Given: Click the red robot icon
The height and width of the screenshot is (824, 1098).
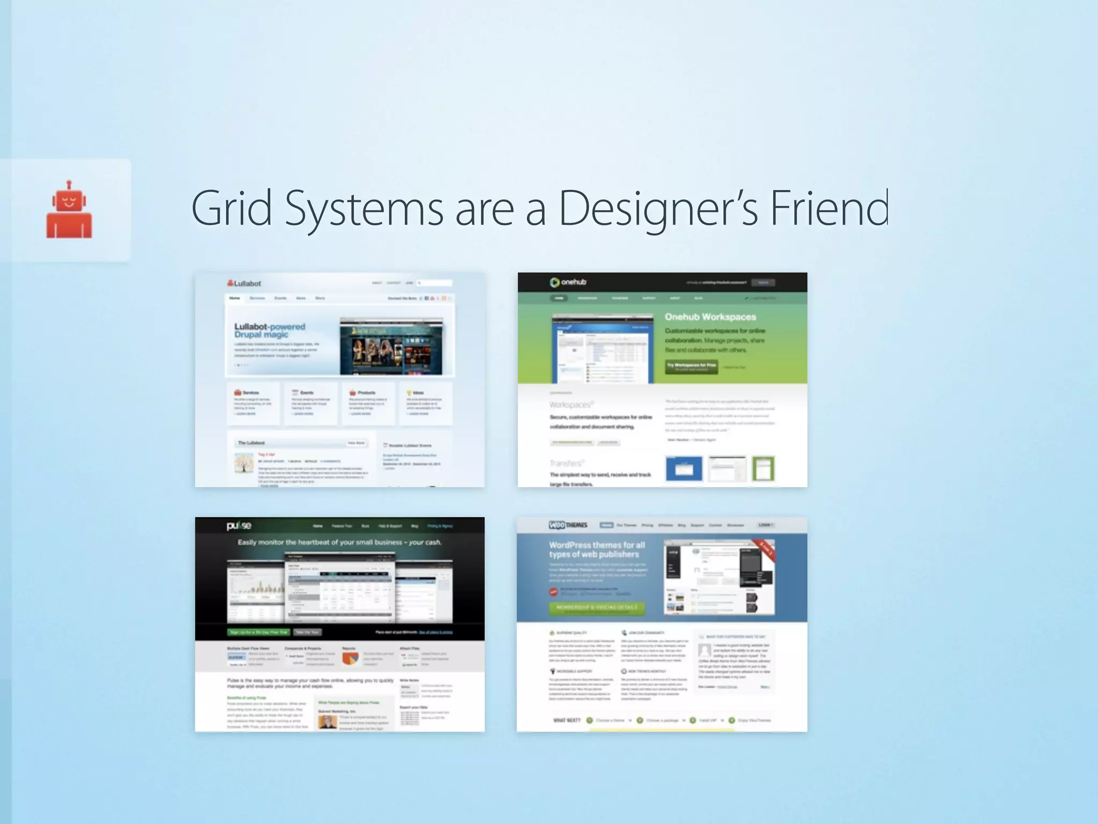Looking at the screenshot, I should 69,210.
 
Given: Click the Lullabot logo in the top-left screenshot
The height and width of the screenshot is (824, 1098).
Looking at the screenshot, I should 244,283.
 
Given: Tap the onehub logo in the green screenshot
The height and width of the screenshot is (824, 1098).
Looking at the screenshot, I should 568,282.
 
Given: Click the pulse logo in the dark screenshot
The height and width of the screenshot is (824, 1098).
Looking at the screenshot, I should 239,526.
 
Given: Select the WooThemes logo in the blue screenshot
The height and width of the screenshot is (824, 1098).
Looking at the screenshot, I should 568,525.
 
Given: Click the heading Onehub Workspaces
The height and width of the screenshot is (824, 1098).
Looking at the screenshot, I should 710,317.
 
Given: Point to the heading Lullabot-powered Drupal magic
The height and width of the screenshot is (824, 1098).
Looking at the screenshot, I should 269,330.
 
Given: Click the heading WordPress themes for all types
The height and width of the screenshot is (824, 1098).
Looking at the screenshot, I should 596,549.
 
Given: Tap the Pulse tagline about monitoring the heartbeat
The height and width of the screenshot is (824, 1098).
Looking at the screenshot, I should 339,542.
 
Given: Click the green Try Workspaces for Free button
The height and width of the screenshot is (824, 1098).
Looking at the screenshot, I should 691,366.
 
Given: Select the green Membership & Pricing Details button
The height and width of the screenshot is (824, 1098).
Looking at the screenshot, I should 597,607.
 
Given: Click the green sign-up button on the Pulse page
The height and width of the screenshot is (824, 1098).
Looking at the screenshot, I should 258,632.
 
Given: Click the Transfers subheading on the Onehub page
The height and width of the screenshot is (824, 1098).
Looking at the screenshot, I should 566,463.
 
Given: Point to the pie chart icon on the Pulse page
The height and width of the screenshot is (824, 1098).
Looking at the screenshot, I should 350,657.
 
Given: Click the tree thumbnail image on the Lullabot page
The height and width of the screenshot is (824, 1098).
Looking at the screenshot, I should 244,463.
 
